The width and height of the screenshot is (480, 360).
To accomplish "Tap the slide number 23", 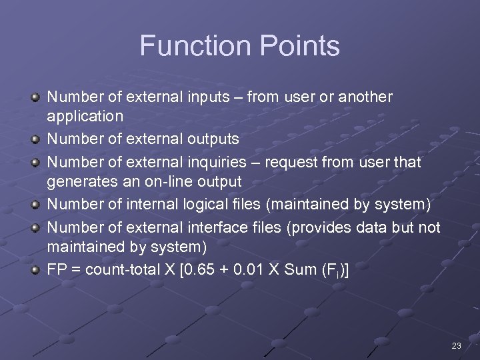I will [x=456, y=345].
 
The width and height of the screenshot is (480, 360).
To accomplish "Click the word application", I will [x=85, y=116].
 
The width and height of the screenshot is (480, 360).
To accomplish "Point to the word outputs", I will [x=212, y=139].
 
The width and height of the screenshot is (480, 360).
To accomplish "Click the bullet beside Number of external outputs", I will [x=35, y=139].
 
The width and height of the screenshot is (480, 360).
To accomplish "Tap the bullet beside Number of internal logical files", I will [x=35, y=205].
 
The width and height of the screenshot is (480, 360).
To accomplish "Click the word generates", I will [x=78, y=181].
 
